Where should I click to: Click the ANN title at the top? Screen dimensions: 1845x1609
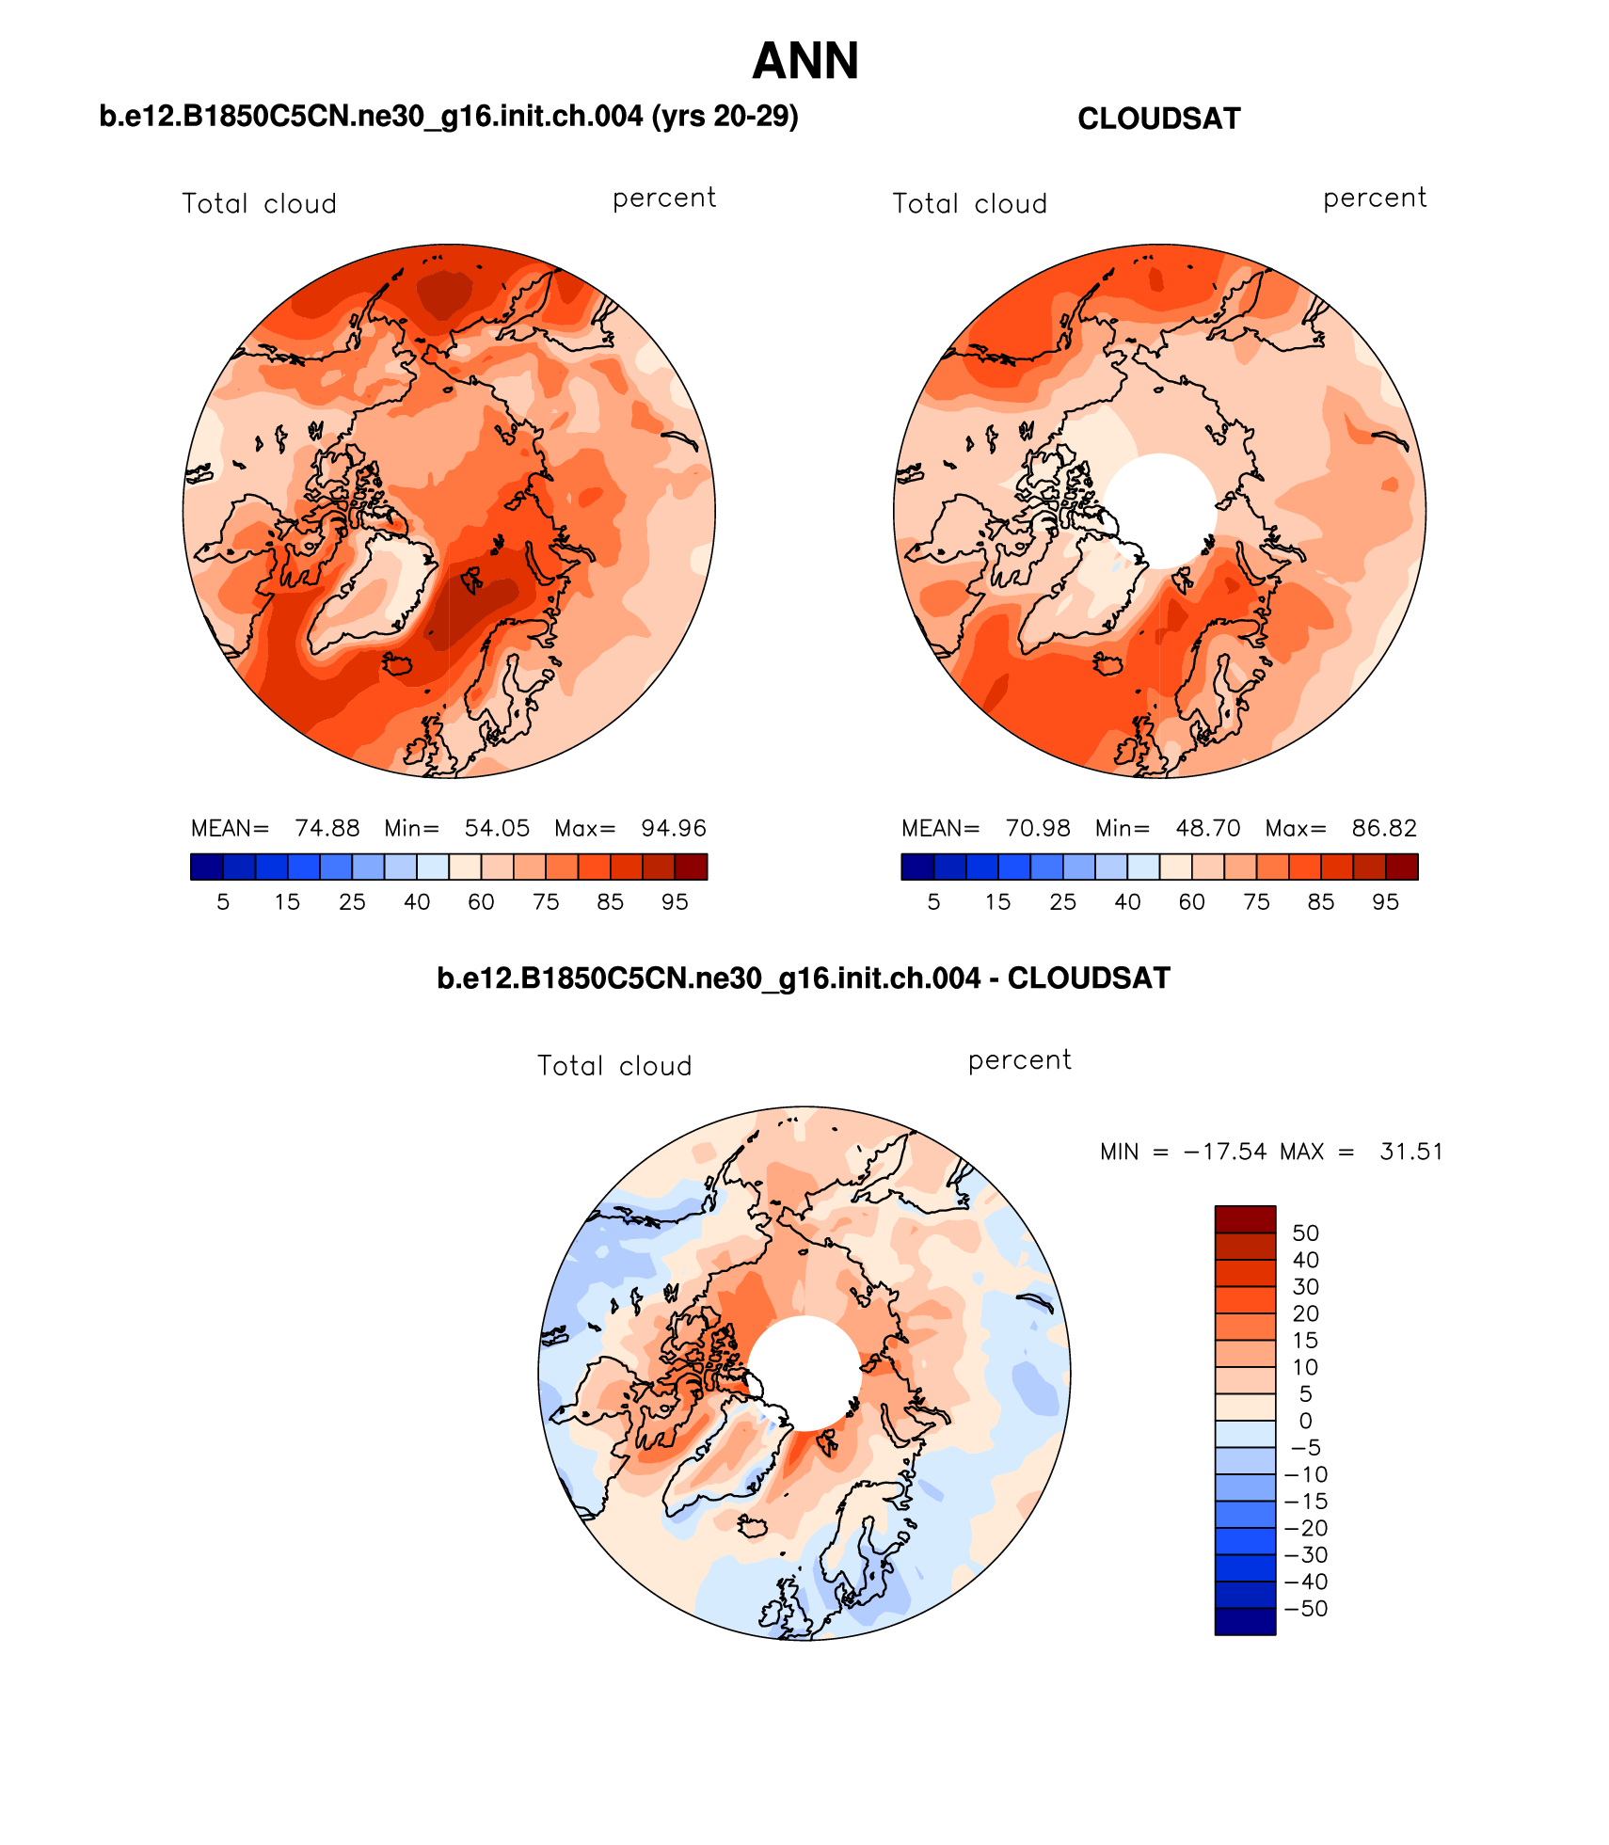click(804, 61)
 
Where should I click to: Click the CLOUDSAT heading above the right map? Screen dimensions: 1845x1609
click(1158, 119)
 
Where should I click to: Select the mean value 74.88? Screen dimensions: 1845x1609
click(327, 828)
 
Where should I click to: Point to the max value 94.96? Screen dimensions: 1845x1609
click(673, 828)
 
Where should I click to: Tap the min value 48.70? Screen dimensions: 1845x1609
click(1207, 828)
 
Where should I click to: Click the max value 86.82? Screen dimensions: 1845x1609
click(1383, 828)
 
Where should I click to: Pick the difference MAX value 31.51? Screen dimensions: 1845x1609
click(1410, 1152)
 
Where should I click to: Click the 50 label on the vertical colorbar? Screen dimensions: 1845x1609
click(1305, 1233)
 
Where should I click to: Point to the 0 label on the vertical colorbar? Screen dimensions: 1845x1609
click(1305, 1422)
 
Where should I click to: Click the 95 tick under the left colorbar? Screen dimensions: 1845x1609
click(675, 902)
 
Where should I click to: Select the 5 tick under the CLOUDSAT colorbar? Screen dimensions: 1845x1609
click(933, 902)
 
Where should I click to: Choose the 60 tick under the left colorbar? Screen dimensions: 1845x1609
click(481, 902)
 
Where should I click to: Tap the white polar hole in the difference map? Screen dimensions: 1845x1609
click(804, 1373)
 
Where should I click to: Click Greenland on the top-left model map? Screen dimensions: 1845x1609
click(372, 593)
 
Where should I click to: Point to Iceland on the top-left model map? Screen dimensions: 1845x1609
click(398, 664)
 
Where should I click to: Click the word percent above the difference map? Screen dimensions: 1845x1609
click(1019, 1060)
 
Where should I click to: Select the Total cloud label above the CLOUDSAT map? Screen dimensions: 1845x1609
click(969, 204)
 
